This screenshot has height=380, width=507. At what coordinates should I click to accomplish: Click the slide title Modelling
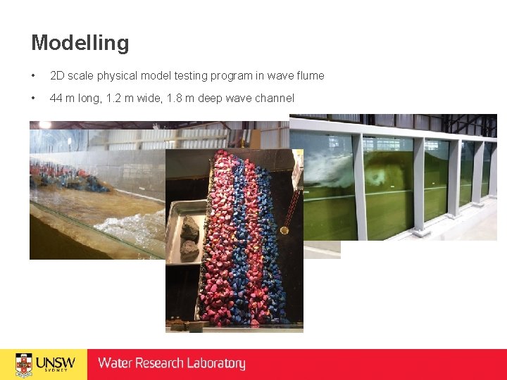point(80,44)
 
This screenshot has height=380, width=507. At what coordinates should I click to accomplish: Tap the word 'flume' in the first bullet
point(309,75)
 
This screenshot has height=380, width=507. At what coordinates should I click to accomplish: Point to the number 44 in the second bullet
point(56,99)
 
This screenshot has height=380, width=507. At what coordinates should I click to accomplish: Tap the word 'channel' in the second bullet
point(273,99)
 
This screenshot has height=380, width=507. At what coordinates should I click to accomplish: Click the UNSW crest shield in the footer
point(24,363)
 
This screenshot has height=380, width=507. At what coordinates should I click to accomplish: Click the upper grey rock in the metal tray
point(190,227)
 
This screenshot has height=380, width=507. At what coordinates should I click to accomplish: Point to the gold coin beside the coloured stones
point(284,230)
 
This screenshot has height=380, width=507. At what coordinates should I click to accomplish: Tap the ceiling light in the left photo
point(45,125)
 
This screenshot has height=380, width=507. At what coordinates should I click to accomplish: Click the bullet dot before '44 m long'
point(34,99)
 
